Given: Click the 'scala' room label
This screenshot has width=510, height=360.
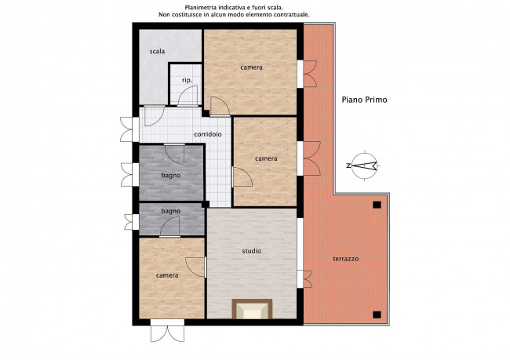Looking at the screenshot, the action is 157,52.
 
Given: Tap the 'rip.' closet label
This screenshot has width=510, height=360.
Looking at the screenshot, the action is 187,80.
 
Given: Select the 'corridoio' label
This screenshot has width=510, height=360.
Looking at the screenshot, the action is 208,134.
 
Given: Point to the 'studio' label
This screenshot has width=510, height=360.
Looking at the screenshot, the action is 252,251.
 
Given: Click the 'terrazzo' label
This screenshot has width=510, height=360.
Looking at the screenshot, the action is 346,259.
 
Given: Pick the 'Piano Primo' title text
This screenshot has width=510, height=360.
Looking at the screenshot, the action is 364,100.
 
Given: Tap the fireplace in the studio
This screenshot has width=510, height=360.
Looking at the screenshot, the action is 252,309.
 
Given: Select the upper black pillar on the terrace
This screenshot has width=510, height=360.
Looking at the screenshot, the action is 377,205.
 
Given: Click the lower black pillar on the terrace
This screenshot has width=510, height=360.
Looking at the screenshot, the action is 377,315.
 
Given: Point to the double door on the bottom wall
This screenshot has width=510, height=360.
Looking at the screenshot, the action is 167,330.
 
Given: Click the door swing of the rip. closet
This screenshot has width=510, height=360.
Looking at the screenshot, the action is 188,96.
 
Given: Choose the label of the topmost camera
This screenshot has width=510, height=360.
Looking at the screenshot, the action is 251,67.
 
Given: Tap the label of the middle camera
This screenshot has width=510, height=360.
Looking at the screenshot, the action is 266,158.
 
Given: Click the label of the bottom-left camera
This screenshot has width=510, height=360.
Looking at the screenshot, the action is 167,275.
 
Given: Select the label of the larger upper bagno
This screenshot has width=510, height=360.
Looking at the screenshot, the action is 171,176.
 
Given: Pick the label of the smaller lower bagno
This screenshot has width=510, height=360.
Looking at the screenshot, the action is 171,212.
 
